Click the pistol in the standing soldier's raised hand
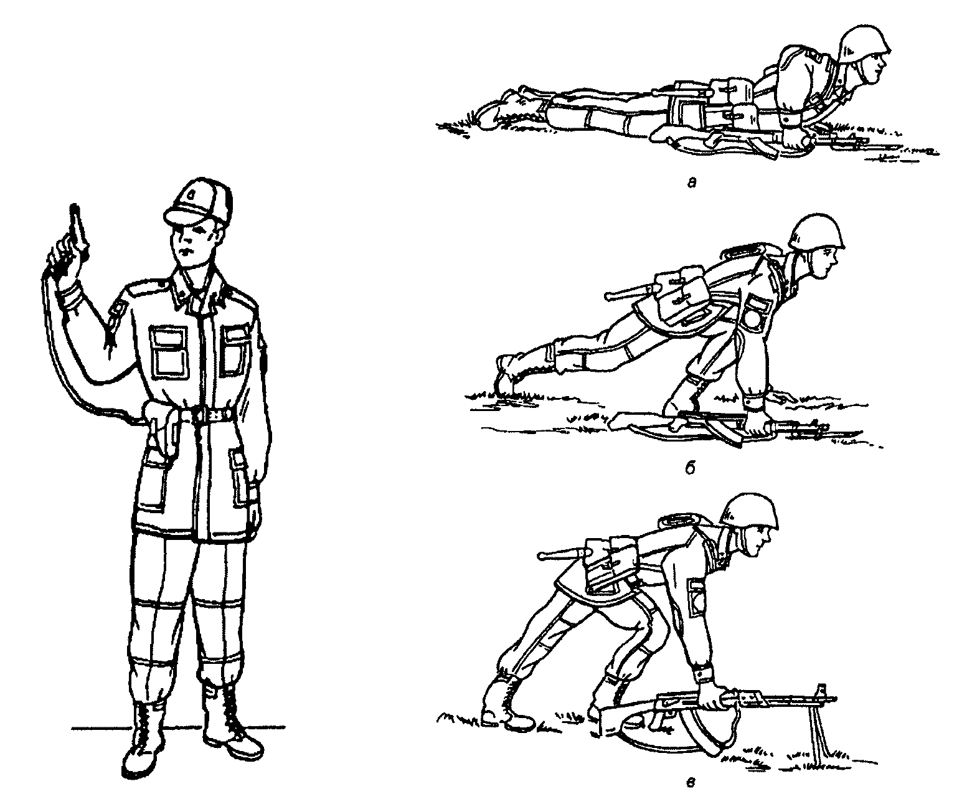(75, 227)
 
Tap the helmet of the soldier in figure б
(816, 233)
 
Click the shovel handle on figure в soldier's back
(564, 555)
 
